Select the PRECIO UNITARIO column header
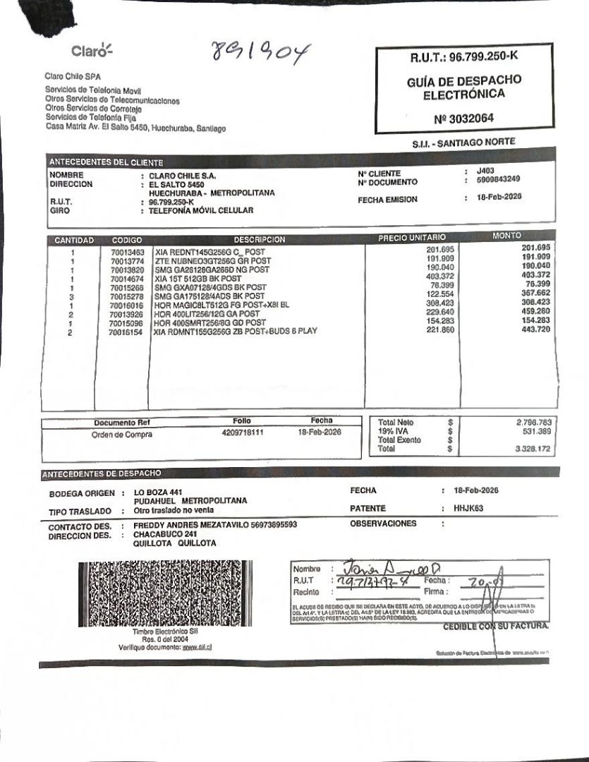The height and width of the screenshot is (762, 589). pos(411,238)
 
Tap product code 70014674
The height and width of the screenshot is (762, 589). pos(127,279)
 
